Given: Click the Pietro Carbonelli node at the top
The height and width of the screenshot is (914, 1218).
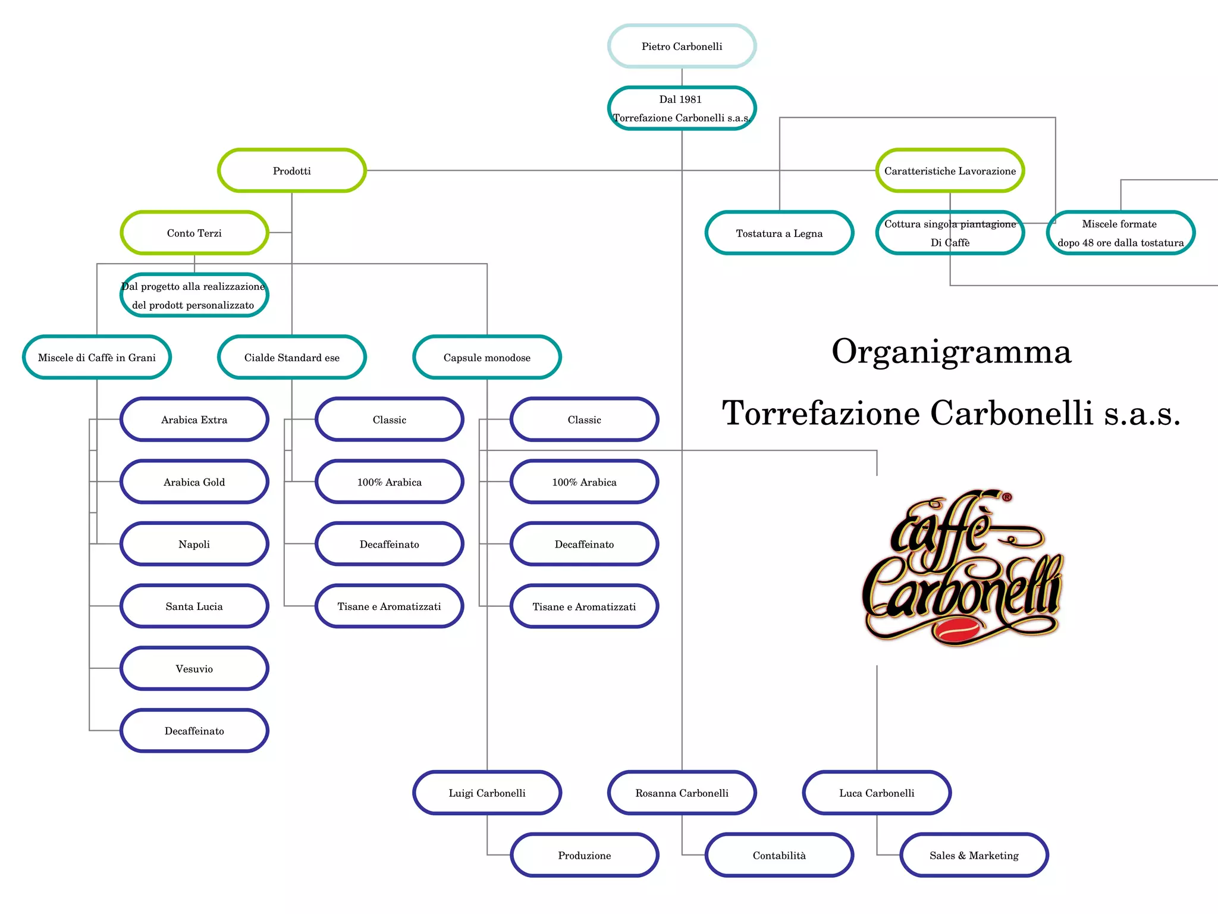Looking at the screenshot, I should [x=682, y=46].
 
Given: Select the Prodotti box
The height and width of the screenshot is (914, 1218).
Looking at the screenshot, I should [x=291, y=171].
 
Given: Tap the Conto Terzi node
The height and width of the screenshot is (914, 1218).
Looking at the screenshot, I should [x=194, y=233].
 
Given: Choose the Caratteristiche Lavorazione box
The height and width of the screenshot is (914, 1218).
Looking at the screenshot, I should [x=950, y=171].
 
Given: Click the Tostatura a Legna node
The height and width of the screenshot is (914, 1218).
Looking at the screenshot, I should [x=779, y=233].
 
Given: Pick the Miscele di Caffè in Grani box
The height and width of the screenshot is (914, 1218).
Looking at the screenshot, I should [x=97, y=358].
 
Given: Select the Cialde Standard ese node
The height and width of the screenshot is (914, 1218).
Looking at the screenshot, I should [x=291, y=358].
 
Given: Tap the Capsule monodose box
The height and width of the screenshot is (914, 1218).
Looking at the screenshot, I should [x=486, y=358].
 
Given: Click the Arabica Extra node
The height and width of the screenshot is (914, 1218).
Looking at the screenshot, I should [x=194, y=420].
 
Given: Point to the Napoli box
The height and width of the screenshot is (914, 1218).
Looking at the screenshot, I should [x=194, y=544].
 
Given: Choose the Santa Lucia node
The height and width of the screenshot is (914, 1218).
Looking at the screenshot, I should [x=194, y=606].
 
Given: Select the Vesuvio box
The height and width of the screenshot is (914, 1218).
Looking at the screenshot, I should [x=194, y=669].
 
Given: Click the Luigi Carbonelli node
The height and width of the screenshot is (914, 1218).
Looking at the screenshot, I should [x=486, y=793].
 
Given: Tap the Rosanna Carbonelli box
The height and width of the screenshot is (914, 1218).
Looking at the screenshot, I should [x=682, y=793].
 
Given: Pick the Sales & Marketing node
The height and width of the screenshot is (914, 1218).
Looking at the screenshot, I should [x=974, y=855].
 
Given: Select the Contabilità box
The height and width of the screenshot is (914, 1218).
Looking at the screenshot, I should [x=779, y=855].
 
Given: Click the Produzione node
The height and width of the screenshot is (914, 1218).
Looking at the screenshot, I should [x=584, y=855].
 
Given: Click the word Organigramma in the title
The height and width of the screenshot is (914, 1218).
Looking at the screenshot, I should [x=951, y=352].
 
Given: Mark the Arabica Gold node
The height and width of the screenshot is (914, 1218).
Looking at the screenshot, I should [x=194, y=482].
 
